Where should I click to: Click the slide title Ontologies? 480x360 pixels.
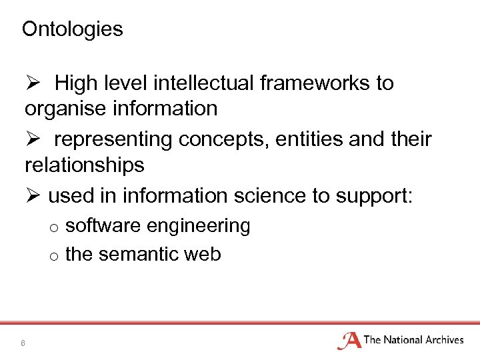point(72,29)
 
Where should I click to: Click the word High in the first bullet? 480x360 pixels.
point(75,83)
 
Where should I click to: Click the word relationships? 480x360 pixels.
point(84,165)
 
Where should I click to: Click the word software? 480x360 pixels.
point(103,226)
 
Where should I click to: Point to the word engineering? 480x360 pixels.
point(199,227)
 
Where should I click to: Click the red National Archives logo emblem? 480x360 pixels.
point(349,341)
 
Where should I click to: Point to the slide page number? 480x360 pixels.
point(23,343)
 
